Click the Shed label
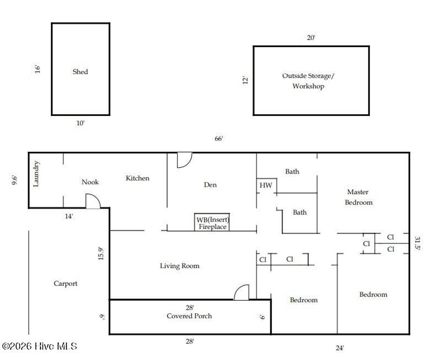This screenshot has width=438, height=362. pyautogui.click(x=80, y=72)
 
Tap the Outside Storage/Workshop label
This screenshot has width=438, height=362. pyautogui.click(x=308, y=81)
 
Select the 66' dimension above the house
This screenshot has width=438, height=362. pyautogui.click(x=219, y=138)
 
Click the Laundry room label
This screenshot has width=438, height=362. pyautogui.click(x=36, y=174)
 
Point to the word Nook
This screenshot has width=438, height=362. pyautogui.click(x=90, y=182)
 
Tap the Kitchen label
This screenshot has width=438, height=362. pyautogui.click(x=137, y=178)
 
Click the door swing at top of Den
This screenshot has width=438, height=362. pyautogui.click(x=185, y=160)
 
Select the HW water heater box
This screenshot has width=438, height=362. pyautogui.click(x=266, y=185)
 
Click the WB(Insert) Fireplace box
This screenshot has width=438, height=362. pyautogui.click(x=212, y=222)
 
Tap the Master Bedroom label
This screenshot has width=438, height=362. pyautogui.click(x=358, y=197)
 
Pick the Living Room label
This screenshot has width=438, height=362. pyautogui.click(x=180, y=266)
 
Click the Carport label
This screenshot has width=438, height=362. pyautogui.click(x=65, y=283)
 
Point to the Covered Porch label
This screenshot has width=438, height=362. pyautogui.click(x=189, y=316)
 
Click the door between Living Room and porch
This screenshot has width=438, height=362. pyautogui.click(x=241, y=292)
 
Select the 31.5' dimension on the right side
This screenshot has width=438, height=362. pyautogui.click(x=417, y=243)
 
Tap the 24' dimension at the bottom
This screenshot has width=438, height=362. pyautogui.click(x=340, y=348)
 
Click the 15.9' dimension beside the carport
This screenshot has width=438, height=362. pyautogui.click(x=101, y=254)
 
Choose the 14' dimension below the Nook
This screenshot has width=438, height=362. pyautogui.click(x=69, y=216)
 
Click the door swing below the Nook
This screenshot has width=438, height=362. pyautogui.click(x=93, y=201)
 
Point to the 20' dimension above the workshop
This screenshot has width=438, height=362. pyautogui.click(x=311, y=38)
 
